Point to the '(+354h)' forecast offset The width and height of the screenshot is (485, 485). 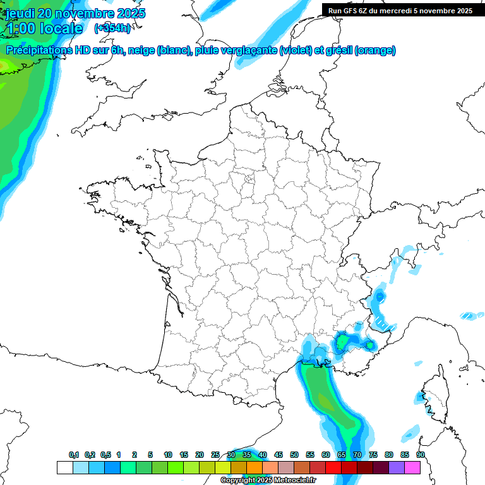[112, 28]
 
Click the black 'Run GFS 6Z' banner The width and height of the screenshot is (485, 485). [400, 10]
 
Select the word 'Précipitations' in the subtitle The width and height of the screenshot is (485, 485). [38, 51]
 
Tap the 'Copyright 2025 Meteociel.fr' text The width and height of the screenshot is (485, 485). [268, 481]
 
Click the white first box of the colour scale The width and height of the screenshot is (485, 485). [64, 467]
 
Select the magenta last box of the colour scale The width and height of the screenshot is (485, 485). [412, 467]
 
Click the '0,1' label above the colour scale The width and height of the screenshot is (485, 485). [73, 455]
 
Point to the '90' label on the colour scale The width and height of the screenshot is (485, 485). [420, 455]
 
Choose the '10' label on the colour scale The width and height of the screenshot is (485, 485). [168, 455]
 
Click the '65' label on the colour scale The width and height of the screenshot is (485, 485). [342, 455]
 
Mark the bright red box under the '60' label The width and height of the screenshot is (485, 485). [333, 467]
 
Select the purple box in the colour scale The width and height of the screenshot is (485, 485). [397, 467]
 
